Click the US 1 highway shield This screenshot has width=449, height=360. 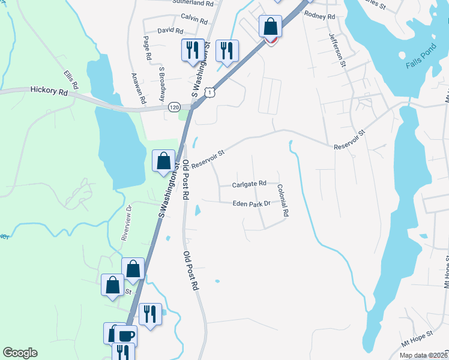pyautogui.click(x=208, y=92)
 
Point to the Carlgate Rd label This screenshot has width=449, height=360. pyautogui.click(x=249, y=185)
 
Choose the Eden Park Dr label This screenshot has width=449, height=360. pyautogui.click(x=252, y=204)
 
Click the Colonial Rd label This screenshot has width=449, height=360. pyautogui.click(x=283, y=200)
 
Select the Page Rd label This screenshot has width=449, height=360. pyautogui.click(x=147, y=47)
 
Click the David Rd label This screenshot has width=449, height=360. pyautogui.click(x=170, y=30)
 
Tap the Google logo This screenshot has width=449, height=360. pyautogui.click(x=20, y=353)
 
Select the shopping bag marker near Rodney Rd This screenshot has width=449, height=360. pyautogui.click(x=271, y=27)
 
